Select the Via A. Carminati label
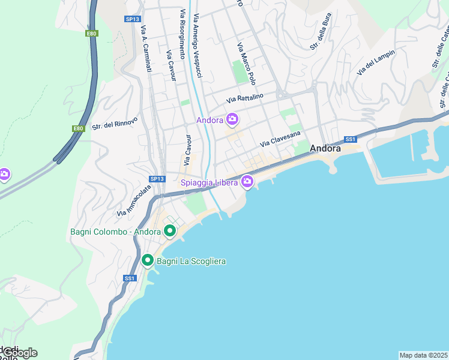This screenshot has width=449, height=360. coord(145,49)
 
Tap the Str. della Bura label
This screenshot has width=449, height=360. coord(321,38)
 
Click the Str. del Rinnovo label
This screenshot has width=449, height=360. coord(115,124)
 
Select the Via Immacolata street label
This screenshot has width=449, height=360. coord(134,200)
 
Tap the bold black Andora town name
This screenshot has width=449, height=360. coord(325,148)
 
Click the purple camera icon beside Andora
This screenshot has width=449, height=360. coord(232,119)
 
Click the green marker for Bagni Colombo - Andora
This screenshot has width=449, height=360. coord(170,230)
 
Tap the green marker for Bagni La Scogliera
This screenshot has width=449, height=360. coord(148,260)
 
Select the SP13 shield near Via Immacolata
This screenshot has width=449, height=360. coord(157,179)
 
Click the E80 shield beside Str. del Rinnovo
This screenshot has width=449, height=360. coord(78,128)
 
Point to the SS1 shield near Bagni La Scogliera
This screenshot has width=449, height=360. coord(130,278)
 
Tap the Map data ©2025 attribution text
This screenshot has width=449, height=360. coord(424,355)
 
